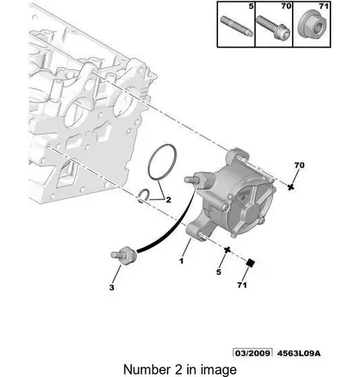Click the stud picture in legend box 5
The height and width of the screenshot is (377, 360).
236,26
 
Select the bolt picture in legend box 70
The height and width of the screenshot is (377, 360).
273,27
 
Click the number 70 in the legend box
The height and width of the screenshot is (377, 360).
286,6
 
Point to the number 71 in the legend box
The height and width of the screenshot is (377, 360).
324,6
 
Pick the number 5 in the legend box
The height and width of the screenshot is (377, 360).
251,6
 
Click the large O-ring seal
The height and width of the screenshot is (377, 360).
162,163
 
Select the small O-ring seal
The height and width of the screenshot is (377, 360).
145,195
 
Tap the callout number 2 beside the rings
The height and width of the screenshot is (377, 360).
168,200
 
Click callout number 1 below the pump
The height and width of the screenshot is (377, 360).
181,261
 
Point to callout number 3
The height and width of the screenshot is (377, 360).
112,287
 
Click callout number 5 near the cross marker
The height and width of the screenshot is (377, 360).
219,271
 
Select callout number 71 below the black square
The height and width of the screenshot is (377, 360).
242,285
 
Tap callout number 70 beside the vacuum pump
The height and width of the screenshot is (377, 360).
299,165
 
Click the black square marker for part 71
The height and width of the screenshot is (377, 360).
251,263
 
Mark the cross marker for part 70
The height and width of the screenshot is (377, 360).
291,187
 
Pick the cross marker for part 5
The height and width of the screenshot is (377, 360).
227,250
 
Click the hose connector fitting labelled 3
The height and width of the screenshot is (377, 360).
124,256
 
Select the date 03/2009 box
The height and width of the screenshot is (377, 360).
253,353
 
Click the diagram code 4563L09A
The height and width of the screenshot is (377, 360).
299,354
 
